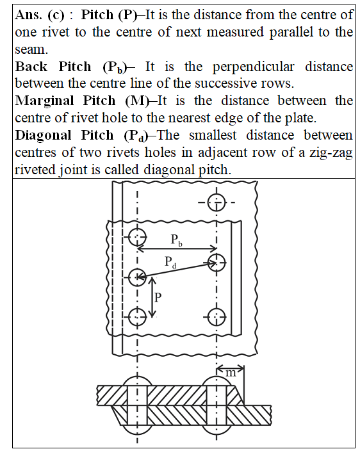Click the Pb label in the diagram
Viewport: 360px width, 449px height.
[x=176, y=240]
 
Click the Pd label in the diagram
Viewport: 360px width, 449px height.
[x=170, y=263]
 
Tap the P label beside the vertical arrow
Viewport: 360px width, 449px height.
[x=158, y=298]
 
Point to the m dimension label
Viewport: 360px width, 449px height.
[x=231, y=373]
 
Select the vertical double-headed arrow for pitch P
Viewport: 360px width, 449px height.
[x=152, y=298]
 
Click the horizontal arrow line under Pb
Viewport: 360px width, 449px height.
[x=177, y=249]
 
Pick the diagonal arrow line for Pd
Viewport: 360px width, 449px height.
[x=177, y=270]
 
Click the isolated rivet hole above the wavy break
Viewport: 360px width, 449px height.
[x=217, y=202]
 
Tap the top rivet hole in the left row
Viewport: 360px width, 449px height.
[x=137, y=237]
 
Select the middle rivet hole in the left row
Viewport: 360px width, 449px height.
[x=137, y=277]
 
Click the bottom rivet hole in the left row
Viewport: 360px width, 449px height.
[x=137, y=317]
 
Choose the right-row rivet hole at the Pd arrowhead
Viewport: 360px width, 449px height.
[x=217, y=263]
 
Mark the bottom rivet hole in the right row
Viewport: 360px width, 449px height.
[x=217, y=317]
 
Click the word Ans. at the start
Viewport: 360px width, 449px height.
[x=28, y=15]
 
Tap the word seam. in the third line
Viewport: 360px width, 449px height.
[x=31, y=50]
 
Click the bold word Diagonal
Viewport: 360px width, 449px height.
[x=44, y=135]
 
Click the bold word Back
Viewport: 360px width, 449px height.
[x=31, y=67]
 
